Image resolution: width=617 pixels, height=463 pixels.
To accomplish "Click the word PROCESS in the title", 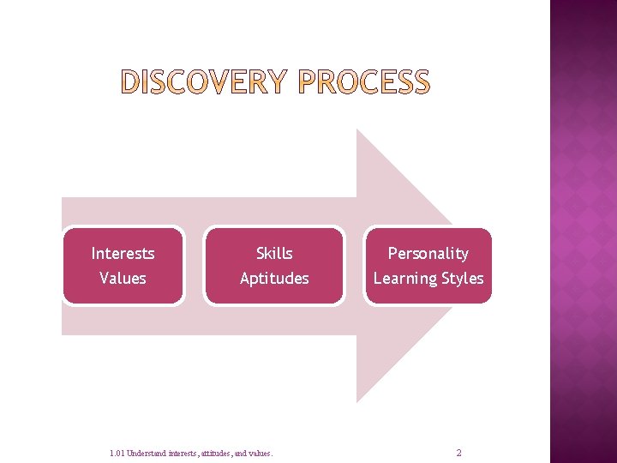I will [367, 82].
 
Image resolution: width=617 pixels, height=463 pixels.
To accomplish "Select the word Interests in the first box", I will [123, 254].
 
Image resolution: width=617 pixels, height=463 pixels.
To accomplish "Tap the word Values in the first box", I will [123, 279].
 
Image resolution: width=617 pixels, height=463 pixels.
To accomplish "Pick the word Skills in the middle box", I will [274, 254].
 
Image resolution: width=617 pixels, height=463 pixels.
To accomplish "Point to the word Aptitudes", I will [274, 279].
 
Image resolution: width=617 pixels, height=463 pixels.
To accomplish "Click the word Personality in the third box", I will [428, 254].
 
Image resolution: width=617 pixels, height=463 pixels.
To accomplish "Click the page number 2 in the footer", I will [458, 453].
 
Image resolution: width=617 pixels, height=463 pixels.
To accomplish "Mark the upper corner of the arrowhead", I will [357, 130].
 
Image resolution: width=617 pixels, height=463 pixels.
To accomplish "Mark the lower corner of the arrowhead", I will [357, 401].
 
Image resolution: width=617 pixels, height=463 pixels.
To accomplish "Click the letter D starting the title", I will [130, 82].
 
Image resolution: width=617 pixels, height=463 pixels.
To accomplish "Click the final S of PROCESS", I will [419, 82].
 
